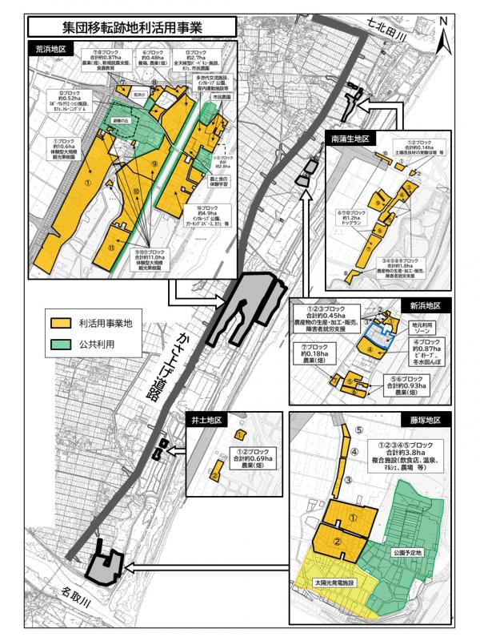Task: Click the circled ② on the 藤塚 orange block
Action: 338,542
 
